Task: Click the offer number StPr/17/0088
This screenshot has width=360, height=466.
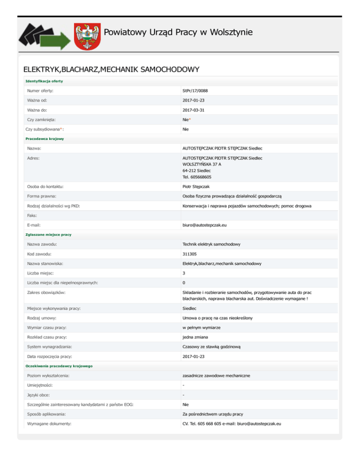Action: (x=198, y=90)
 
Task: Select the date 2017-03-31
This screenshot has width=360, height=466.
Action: (x=194, y=110)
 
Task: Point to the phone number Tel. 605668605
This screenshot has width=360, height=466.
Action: (x=197, y=177)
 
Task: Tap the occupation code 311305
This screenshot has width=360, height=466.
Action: (x=190, y=254)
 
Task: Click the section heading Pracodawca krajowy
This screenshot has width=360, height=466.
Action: (x=45, y=139)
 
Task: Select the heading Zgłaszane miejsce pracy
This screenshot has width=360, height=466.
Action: (x=48, y=234)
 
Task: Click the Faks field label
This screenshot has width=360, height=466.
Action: (x=32, y=216)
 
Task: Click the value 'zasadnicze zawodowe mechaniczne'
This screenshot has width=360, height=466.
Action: (x=216, y=376)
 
